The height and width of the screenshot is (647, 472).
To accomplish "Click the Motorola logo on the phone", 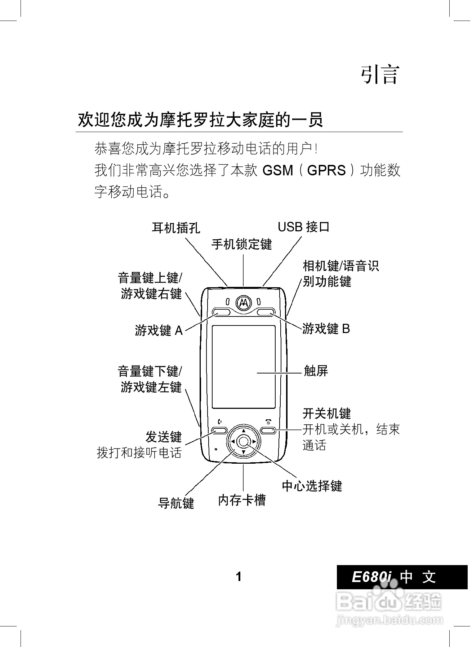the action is click(x=244, y=303).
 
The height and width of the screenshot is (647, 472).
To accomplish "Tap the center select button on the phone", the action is click(x=244, y=441).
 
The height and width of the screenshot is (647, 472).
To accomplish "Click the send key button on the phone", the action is click(x=219, y=430).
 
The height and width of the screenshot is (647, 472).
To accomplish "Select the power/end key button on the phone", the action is click(x=268, y=430).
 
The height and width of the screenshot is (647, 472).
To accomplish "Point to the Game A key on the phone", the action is click(x=222, y=312).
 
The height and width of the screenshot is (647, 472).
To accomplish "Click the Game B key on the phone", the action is click(x=266, y=312).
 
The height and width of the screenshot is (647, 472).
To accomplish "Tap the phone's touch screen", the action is click(x=244, y=366).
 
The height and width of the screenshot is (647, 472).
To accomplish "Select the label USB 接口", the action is click(x=303, y=227).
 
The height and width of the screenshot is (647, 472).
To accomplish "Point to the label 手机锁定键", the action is click(x=241, y=244).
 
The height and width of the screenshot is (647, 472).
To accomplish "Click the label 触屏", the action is click(x=316, y=371).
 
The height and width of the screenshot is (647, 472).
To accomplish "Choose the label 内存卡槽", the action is click(x=242, y=500).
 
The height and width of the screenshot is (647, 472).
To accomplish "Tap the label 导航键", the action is click(x=176, y=503).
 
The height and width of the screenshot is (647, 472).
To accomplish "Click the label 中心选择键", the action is click(x=312, y=486).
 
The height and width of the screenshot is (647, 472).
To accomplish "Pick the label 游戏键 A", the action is click(x=159, y=330).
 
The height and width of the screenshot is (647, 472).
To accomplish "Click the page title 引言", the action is click(x=380, y=75).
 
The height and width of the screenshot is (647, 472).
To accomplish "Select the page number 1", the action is click(x=239, y=577).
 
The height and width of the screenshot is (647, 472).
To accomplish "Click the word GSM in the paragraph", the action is click(x=278, y=170).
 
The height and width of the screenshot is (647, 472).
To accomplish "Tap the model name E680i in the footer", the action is click(x=371, y=577).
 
